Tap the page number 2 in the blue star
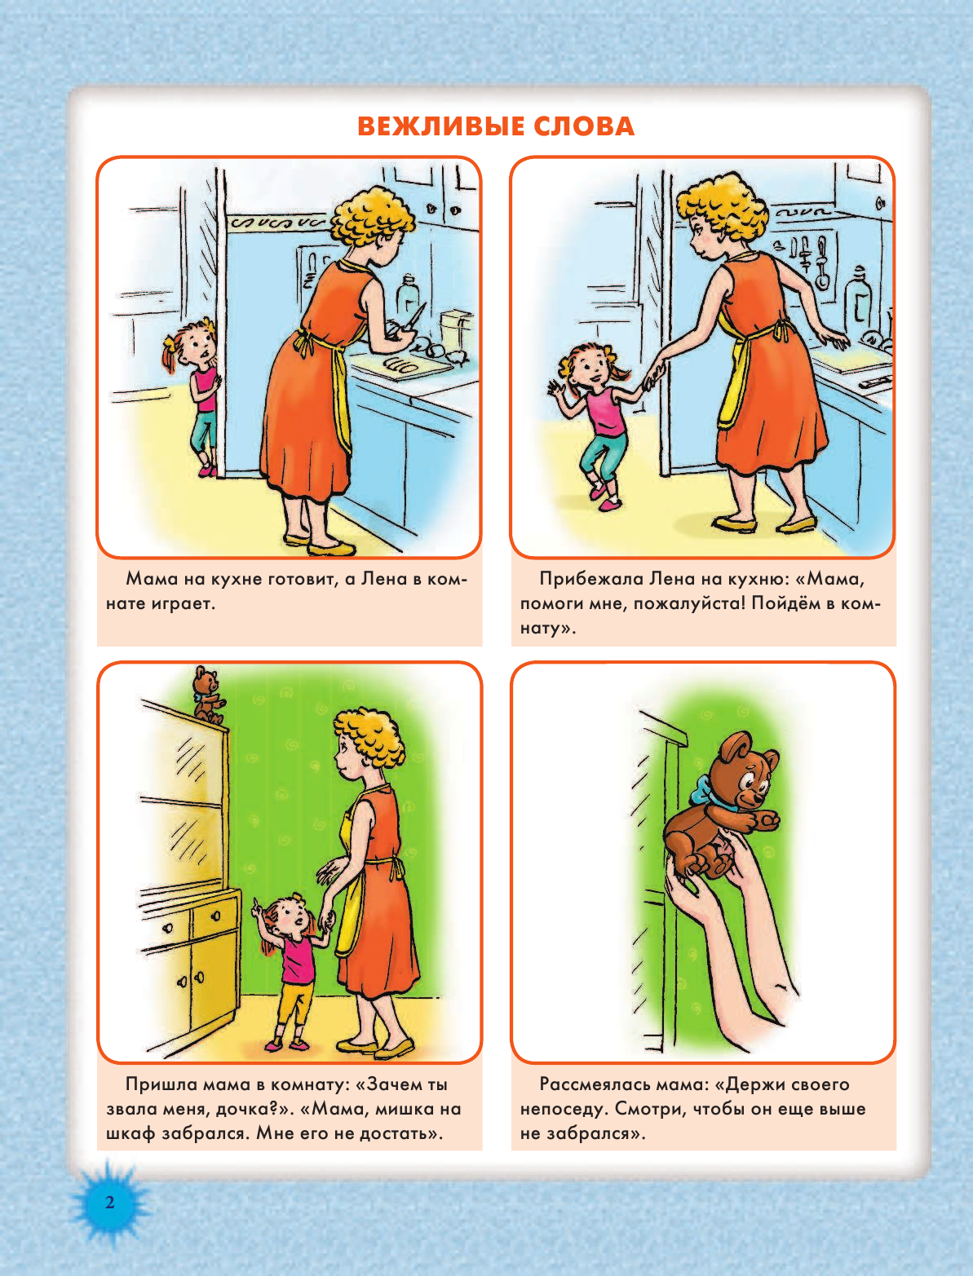point(110,1202)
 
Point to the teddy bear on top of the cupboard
point(207,694)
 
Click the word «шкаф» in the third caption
point(130,1133)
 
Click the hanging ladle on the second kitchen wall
point(821,263)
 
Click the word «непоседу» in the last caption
point(564,1109)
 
